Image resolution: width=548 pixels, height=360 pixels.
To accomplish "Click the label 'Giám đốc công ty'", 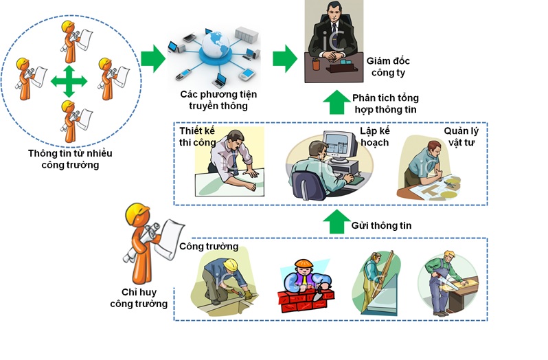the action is [x=388, y=67].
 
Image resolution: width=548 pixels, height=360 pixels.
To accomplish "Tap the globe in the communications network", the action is [x=216, y=45].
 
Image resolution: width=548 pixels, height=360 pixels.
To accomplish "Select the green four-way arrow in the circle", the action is [x=69, y=82].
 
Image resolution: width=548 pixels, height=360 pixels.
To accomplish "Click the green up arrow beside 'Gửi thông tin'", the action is [x=336, y=222].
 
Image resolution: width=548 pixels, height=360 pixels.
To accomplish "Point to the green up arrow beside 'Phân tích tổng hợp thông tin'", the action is [x=336, y=102].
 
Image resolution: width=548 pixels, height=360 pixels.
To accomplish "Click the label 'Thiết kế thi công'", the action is [x=198, y=137].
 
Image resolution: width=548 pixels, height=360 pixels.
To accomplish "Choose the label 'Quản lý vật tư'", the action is [x=461, y=137].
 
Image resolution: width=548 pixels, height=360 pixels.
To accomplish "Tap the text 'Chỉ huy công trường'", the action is [x=139, y=297].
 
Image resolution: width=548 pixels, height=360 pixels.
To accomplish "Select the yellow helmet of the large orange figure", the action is [x=137, y=212].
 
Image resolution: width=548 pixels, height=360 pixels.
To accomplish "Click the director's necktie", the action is [x=334, y=31].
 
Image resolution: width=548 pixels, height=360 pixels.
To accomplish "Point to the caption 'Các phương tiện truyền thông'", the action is [x=218, y=100].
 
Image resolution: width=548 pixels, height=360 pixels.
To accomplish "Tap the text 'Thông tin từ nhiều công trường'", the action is [x=70, y=159].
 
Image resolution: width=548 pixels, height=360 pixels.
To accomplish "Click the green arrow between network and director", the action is [x=285, y=58].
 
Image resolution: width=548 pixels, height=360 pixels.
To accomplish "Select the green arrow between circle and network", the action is [x=153, y=58].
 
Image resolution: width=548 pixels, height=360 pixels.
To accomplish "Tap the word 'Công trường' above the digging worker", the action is [x=209, y=247].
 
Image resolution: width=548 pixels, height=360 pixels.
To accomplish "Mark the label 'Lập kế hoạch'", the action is [x=375, y=137].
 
